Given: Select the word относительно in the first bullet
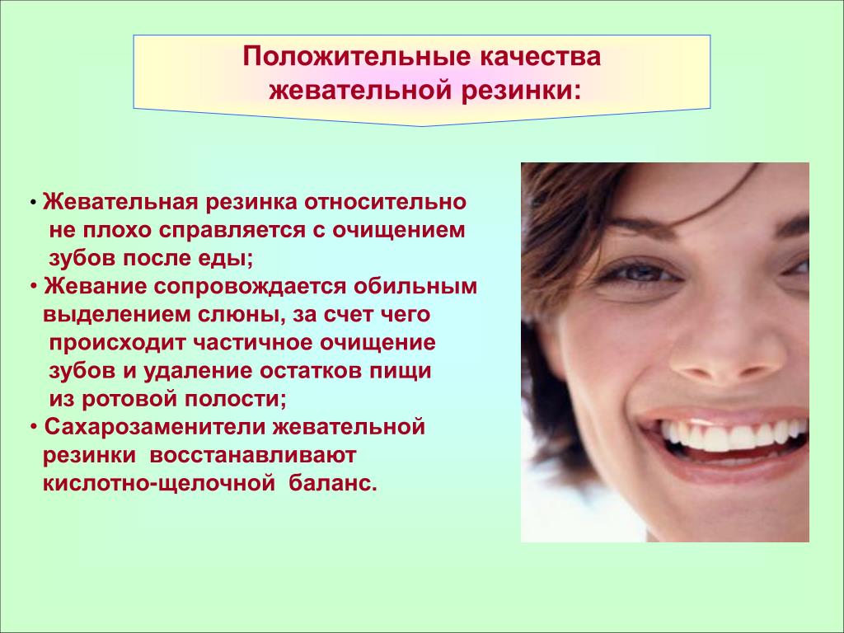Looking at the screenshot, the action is point(386,202).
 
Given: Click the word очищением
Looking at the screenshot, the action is point(398,231).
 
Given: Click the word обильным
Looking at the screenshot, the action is point(415,286).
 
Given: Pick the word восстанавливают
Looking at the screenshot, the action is point(252,455).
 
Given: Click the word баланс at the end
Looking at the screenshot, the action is point(332,483).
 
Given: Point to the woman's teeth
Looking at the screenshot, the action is point(732,435).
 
